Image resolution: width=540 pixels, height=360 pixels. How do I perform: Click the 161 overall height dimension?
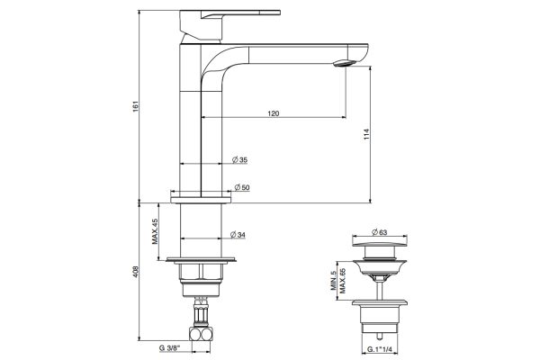pos(135,106)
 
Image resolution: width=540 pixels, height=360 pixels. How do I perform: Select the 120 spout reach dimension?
pos(274,113)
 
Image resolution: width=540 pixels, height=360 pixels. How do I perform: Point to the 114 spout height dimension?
pos(367,134)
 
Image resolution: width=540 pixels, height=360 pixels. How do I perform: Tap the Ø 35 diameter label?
pos(239,160)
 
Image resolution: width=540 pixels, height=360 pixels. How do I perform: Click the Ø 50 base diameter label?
pos(242,187)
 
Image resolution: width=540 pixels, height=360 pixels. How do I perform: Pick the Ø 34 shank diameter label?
pos(238,235)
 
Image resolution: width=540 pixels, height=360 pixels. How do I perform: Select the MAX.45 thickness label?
pos(155,231)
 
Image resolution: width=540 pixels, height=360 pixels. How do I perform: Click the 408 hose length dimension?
pos(135,272)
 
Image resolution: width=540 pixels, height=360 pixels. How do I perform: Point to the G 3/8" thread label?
pos(169,347)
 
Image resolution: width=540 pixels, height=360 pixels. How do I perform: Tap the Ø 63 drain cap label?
pos(380,232)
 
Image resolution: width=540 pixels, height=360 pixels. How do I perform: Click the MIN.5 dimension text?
pos(333,281)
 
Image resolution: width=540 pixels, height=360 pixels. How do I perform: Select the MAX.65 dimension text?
pos(342,281)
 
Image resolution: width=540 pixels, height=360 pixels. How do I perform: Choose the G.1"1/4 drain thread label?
pos(380,349)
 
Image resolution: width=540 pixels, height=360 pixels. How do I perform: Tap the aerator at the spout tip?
pos(345,63)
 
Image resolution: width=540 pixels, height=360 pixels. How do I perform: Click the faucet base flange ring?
pos(201,200)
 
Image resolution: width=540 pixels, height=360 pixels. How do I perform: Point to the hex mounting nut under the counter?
pos(201,271)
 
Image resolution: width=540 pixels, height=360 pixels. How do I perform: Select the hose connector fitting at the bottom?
pos(201,334)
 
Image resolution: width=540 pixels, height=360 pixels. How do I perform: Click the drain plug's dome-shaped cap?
pos(380,243)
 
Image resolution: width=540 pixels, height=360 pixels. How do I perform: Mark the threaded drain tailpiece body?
pos(380,319)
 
